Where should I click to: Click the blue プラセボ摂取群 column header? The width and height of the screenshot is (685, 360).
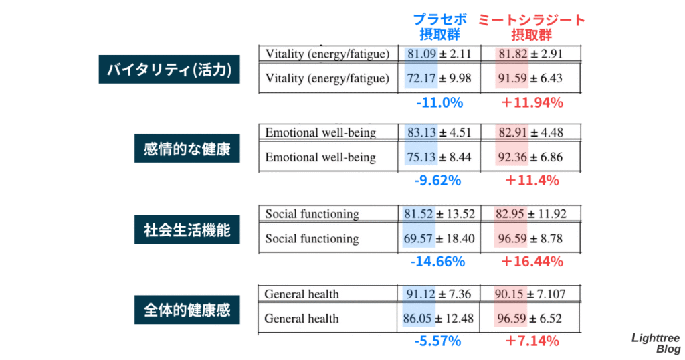coord(439,27)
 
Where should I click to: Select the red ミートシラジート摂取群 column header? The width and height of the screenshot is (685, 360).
coord(531,27)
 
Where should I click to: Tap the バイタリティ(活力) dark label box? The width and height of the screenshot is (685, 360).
coord(169,70)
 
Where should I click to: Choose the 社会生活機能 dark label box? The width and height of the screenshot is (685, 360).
coord(187,230)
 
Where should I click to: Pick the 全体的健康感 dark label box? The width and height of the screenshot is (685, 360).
coord(187,310)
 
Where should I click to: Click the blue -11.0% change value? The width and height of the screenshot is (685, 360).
coord(439,103)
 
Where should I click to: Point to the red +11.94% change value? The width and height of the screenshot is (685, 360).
coord(532,103)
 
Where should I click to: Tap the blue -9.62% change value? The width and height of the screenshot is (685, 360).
coord(438,180)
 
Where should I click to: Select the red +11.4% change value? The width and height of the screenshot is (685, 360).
coord(532,180)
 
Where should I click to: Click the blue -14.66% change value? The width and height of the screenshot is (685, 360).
coord(438,262)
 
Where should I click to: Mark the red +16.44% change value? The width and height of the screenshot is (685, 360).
coord(532,262)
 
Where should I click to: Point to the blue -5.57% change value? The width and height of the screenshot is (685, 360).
coord(438,341)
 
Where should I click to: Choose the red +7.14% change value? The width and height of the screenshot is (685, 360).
coord(532,341)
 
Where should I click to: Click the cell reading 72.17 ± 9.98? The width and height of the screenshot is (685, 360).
coord(439,78)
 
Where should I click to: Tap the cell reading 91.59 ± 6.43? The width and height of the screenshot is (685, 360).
coord(530,78)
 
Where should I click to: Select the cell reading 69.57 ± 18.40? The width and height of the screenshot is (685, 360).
coord(439,238)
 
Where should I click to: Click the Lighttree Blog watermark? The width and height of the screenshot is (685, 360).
coord(656,343)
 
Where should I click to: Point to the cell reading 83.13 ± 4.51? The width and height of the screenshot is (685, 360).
coord(439,132)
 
